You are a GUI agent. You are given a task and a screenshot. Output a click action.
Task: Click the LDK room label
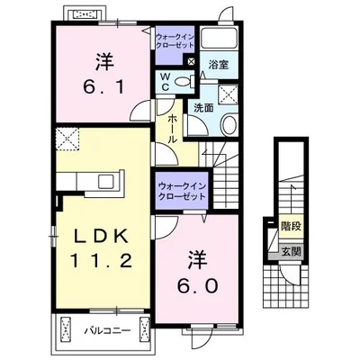coord(102,238)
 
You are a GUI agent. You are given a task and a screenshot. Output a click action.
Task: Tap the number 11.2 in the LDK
coord(102,260)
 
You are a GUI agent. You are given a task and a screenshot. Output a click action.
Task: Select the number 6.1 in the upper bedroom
coord(103,87)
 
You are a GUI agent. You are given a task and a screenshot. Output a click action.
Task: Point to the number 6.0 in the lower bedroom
coord(197,285)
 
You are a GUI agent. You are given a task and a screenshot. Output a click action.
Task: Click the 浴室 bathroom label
coord(219,65)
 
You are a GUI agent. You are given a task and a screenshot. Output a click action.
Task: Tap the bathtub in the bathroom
coord(219,38)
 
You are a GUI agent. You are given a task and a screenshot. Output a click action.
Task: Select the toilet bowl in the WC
coord(184,81)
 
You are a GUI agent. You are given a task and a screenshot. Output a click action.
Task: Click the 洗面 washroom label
coord(203,108)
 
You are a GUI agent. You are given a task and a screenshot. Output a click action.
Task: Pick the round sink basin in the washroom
coord(229,125)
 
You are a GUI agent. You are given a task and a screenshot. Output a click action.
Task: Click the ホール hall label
coord(172,129)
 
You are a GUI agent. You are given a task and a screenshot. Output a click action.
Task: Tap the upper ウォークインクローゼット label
coord(175,41)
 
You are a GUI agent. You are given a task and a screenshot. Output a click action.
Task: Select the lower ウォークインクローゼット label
coord(182,192)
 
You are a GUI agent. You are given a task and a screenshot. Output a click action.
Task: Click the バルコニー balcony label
coord(107,331)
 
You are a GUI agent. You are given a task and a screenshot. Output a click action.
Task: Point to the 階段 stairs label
coord(291,226)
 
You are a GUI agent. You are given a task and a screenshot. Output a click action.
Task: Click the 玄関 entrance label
coord(291,251)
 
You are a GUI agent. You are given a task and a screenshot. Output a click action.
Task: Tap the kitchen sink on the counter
coord(106,182)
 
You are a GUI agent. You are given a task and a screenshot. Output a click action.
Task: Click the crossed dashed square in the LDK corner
coord(67,139)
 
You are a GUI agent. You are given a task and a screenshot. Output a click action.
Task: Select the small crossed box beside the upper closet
coord(191,61)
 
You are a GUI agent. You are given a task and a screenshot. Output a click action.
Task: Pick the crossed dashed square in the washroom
coord(229,94)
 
